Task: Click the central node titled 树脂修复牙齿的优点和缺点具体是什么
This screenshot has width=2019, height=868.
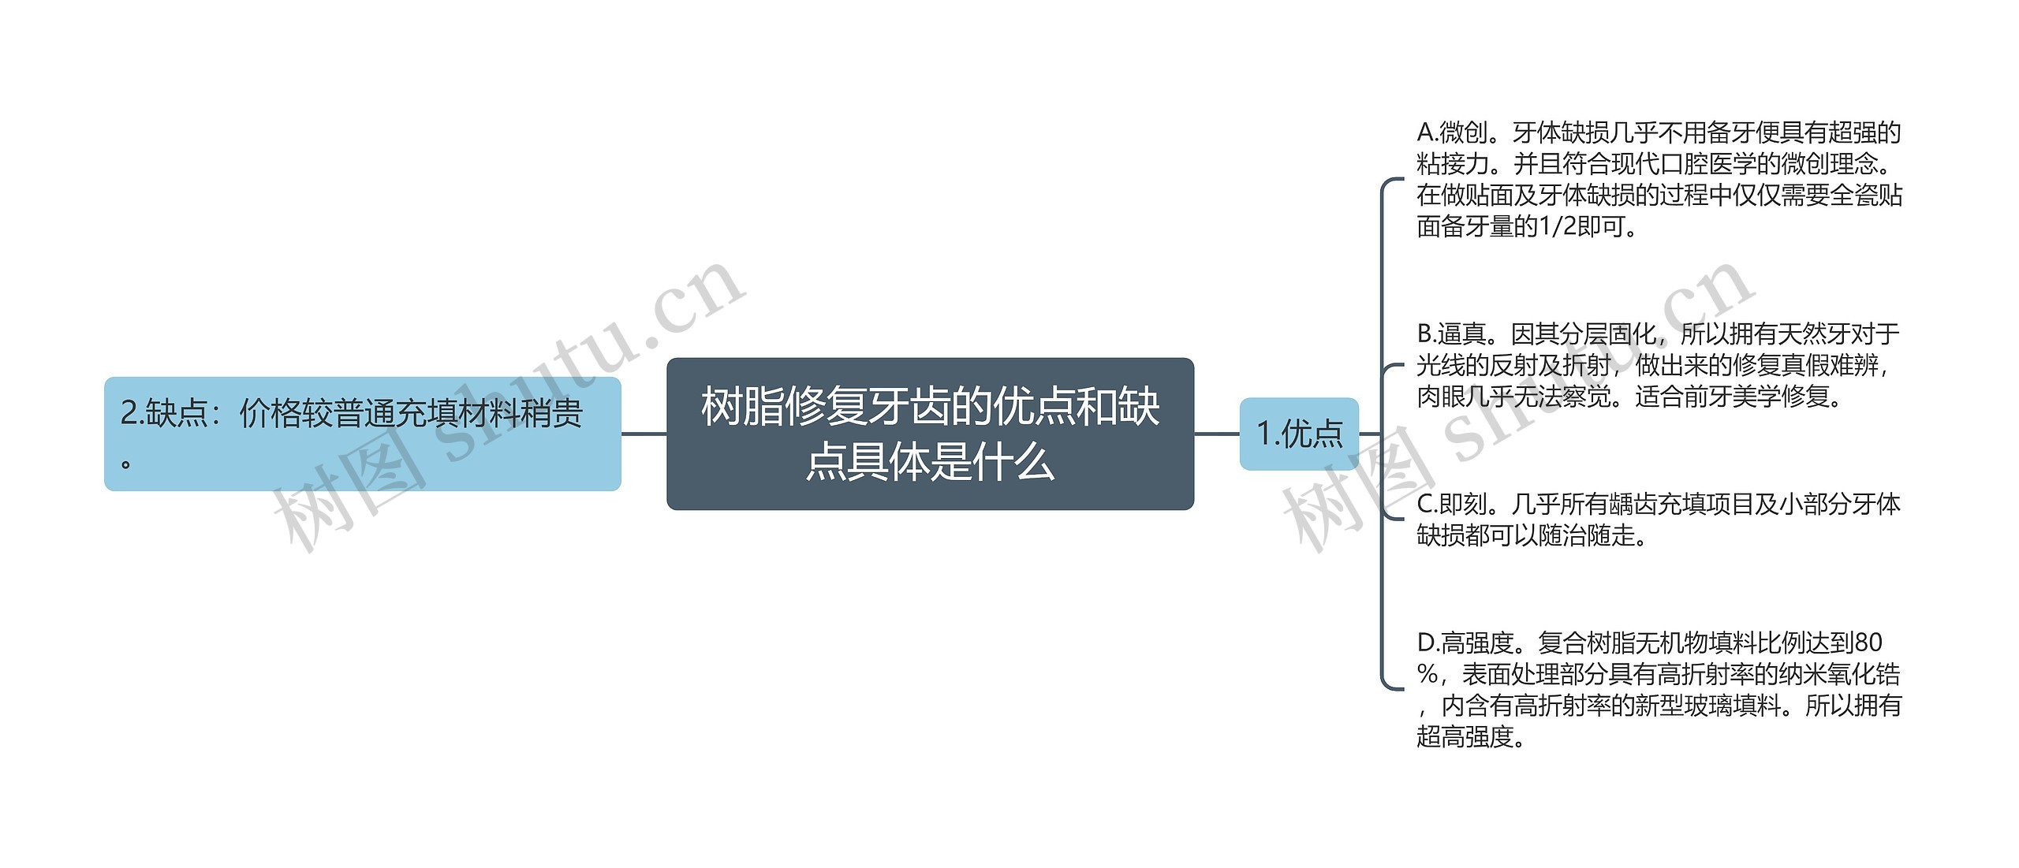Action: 930,434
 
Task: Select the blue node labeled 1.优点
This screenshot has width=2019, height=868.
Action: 1299,434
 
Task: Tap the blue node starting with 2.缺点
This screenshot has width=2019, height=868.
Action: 362,434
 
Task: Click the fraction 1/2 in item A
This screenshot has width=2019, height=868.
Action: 1558,227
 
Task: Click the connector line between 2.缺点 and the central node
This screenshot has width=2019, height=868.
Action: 644,434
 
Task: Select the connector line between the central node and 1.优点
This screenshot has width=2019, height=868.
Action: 1216,434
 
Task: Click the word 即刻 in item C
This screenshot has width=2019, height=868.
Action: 1464,504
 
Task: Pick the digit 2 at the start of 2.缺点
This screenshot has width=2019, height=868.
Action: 129,413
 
